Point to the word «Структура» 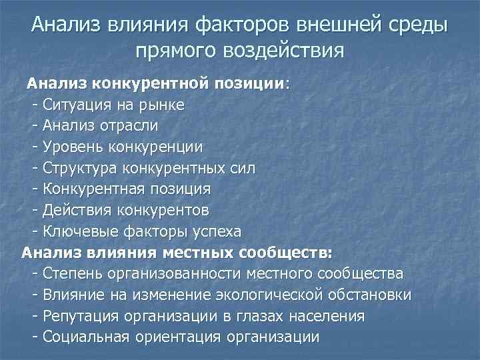coord(77,167)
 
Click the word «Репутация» coord(79,316)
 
